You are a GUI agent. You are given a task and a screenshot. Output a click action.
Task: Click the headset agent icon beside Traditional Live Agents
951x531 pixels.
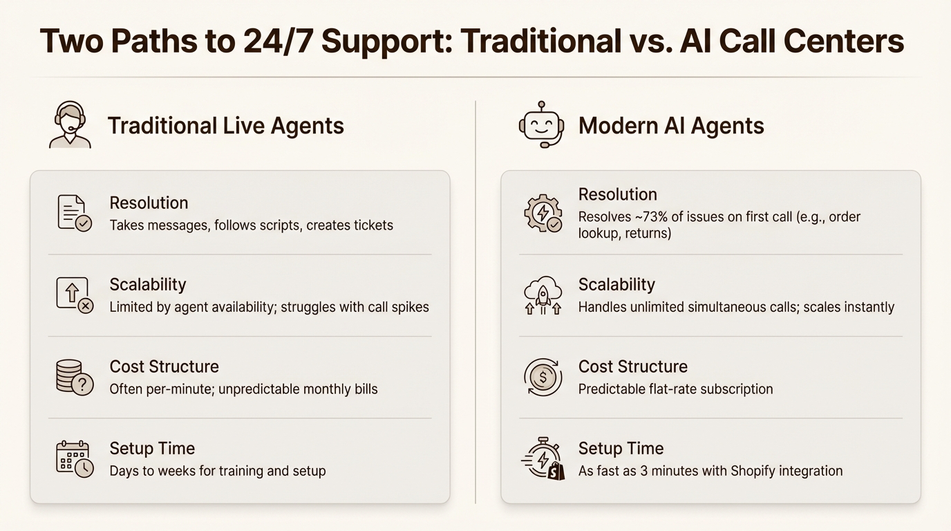tap(70, 125)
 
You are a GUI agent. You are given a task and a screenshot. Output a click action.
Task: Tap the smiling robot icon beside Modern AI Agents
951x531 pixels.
tap(541, 125)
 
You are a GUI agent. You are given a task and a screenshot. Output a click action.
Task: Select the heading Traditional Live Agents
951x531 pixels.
tap(225, 126)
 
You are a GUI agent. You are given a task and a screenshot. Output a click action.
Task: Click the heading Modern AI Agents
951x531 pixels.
tap(670, 126)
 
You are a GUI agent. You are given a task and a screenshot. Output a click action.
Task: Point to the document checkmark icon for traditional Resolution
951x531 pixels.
tap(74, 213)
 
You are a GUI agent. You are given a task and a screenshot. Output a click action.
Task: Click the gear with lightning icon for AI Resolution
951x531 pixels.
tap(543, 213)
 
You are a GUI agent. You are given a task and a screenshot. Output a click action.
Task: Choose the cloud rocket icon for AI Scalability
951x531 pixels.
tap(543, 295)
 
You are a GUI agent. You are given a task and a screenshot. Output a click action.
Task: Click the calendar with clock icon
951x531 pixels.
tap(74, 459)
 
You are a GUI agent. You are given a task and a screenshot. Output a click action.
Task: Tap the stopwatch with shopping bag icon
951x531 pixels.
tap(543, 459)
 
